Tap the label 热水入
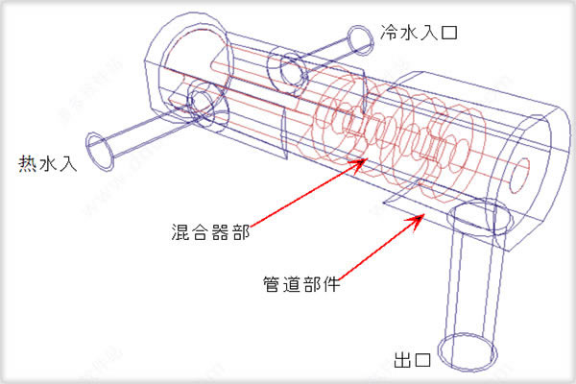[x=51, y=164]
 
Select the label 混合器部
[x=198, y=231]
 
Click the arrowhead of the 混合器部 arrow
[x=363, y=160]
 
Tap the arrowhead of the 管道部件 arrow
[x=420, y=216]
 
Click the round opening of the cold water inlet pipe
[x=361, y=39]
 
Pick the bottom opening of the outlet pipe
[x=466, y=346]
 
